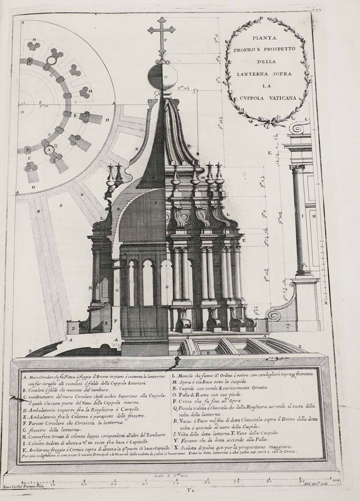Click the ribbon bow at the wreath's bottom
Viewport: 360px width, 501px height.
[x=268, y=122]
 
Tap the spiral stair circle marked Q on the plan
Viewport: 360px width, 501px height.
[x=50, y=150]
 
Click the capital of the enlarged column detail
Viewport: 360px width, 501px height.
[x=297, y=168]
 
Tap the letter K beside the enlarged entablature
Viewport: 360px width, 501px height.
[x=270, y=153]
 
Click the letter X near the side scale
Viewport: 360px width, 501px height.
[x=325, y=303]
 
